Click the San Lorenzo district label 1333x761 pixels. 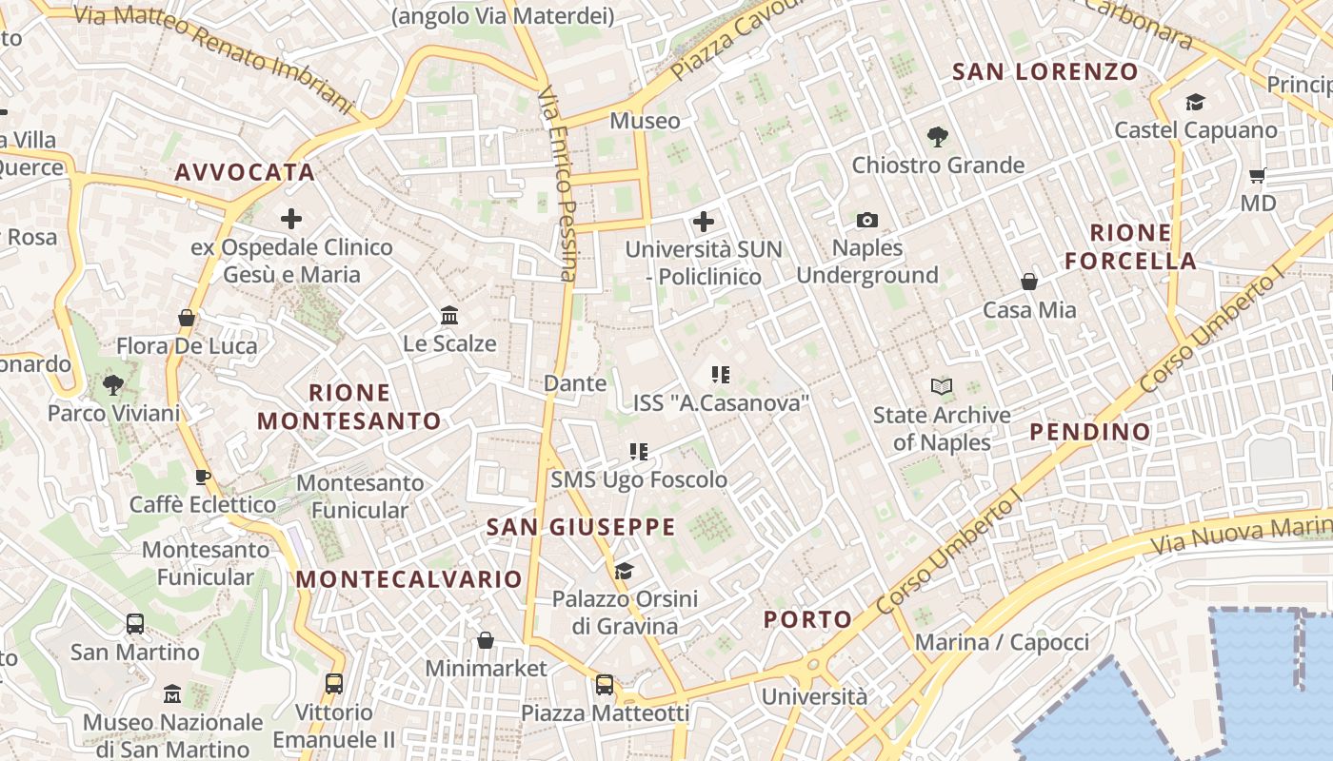click(x=1045, y=71)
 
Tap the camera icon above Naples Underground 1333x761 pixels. click(x=866, y=220)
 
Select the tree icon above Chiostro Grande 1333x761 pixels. click(x=938, y=137)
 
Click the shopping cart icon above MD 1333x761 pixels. click(x=1258, y=175)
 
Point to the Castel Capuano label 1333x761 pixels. click(x=1195, y=129)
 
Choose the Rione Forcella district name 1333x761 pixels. click(x=1130, y=246)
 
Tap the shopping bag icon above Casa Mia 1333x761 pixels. click(x=1029, y=282)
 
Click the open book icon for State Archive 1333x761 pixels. click(x=942, y=386)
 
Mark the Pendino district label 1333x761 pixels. click(x=1090, y=432)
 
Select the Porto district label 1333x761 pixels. click(x=808, y=619)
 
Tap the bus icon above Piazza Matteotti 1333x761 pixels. click(x=605, y=684)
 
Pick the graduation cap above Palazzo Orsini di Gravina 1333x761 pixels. click(x=624, y=571)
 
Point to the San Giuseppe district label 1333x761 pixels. click(x=581, y=527)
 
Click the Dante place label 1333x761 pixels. click(x=574, y=383)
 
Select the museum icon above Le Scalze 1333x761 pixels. click(x=449, y=315)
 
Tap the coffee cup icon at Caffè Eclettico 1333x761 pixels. click(x=202, y=477)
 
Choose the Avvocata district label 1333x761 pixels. click(x=244, y=172)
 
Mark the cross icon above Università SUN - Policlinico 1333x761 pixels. click(x=704, y=222)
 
